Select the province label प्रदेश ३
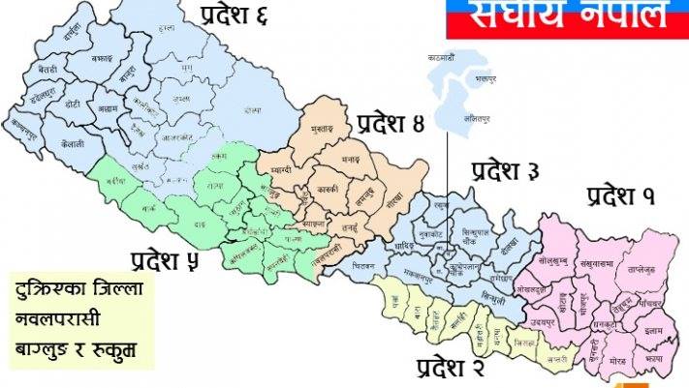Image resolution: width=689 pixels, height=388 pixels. pos(505,173)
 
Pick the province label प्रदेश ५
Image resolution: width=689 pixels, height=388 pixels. pos(168,260)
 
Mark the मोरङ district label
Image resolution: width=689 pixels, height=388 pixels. pos(617,361)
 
